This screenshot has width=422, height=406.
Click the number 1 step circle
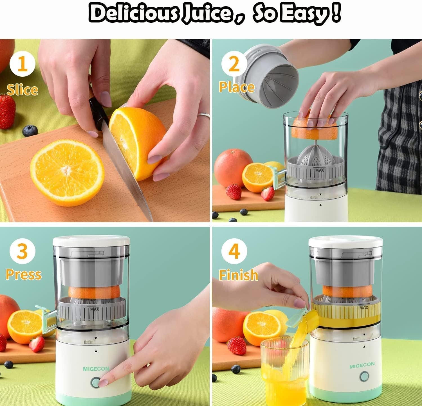[x=22, y=64]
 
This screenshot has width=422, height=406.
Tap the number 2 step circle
[x=234, y=64]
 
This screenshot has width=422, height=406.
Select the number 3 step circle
[x=22, y=251]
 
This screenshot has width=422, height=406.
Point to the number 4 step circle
[x=234, y=251]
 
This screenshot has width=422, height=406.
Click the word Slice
[x=22, y=90]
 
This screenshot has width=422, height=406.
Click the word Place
[x=237, y=87]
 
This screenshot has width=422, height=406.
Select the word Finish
[x=239, y=275]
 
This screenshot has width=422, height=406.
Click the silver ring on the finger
[x=204, y=115]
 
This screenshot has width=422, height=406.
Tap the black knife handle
[x=98, y=112]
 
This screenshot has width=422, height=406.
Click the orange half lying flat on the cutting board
[x=67, y=173]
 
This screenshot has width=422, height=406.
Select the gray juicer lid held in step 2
[x=270, y=76]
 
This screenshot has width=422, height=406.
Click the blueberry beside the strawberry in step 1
[x=30, y=131]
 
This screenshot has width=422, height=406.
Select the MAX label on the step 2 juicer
[x=320, y=170]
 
